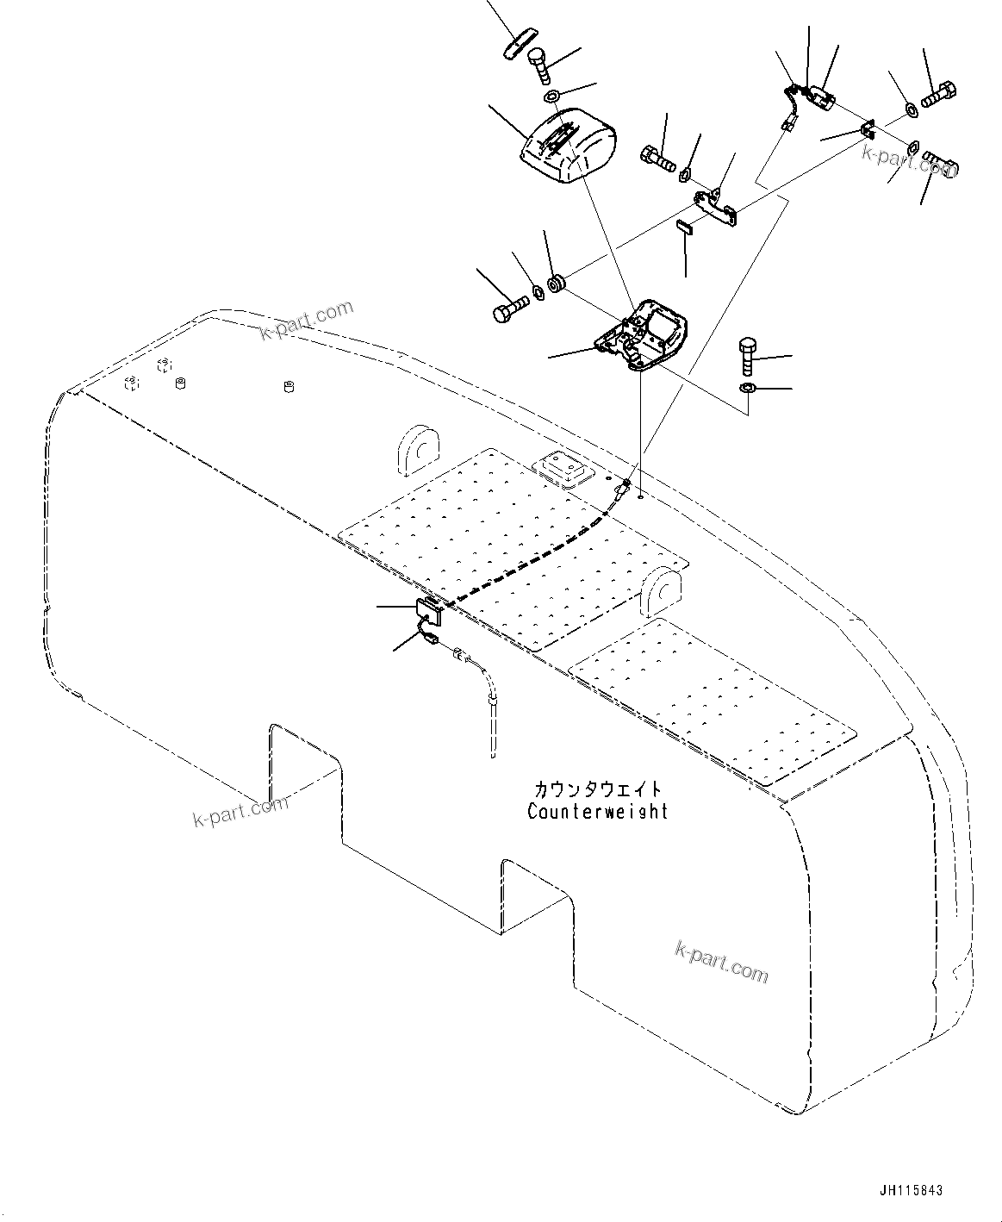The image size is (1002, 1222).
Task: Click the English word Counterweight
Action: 597,811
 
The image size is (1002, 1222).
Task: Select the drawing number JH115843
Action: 912,1190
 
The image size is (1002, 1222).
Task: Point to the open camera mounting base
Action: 646,336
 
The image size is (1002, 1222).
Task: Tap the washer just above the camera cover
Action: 552,93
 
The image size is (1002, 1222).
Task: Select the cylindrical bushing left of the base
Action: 558,283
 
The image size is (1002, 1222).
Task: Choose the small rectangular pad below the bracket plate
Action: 684,228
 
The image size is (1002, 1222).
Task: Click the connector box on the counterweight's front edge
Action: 429,611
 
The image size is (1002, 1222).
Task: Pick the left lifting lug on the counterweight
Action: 417,448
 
